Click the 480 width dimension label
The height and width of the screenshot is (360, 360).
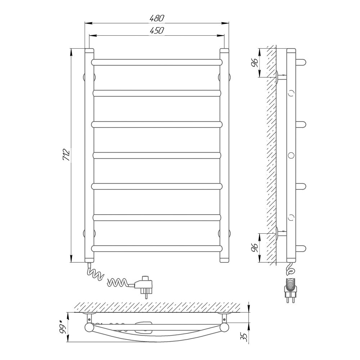157,18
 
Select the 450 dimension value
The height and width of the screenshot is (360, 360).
157,30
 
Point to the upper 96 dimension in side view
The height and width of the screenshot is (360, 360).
255,62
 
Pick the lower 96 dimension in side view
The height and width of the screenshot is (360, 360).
255,248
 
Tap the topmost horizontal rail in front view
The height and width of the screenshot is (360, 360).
157,62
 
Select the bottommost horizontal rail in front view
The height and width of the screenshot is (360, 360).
157,248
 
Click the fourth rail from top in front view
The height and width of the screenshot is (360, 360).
157,156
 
